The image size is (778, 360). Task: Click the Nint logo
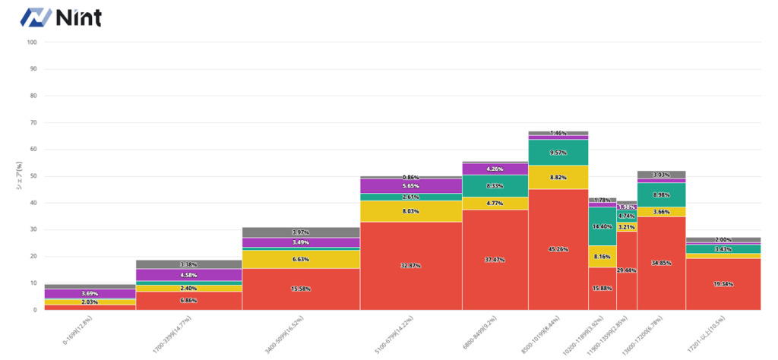[x=61, y=17]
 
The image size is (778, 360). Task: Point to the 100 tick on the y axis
[x=32, y=43]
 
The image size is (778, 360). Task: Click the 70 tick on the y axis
[x=32, y=123]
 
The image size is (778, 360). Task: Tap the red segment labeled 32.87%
[x=411, y=266]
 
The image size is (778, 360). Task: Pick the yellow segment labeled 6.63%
[x=301, y=259]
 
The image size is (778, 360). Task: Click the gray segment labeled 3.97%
[x=301, y=232]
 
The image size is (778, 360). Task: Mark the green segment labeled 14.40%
[x=602, y=226]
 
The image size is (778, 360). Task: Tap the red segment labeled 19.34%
[x=723, y=283]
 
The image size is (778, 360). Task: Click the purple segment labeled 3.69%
[x=90, y=293]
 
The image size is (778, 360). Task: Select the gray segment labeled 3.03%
[x=661, y=175]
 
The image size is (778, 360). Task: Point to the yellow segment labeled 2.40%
[x=188, y=289]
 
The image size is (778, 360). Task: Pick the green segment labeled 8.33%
[x=495, y=186]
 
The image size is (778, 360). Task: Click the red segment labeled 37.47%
[x=495, y=260]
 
